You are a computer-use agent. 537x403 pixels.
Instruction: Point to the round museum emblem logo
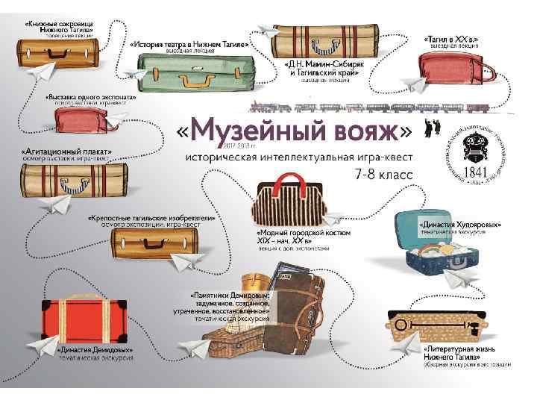pyautogui.click(x=474, y=149)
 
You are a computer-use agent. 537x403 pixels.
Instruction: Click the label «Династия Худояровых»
pyautogui.click(x=459, y=224)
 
